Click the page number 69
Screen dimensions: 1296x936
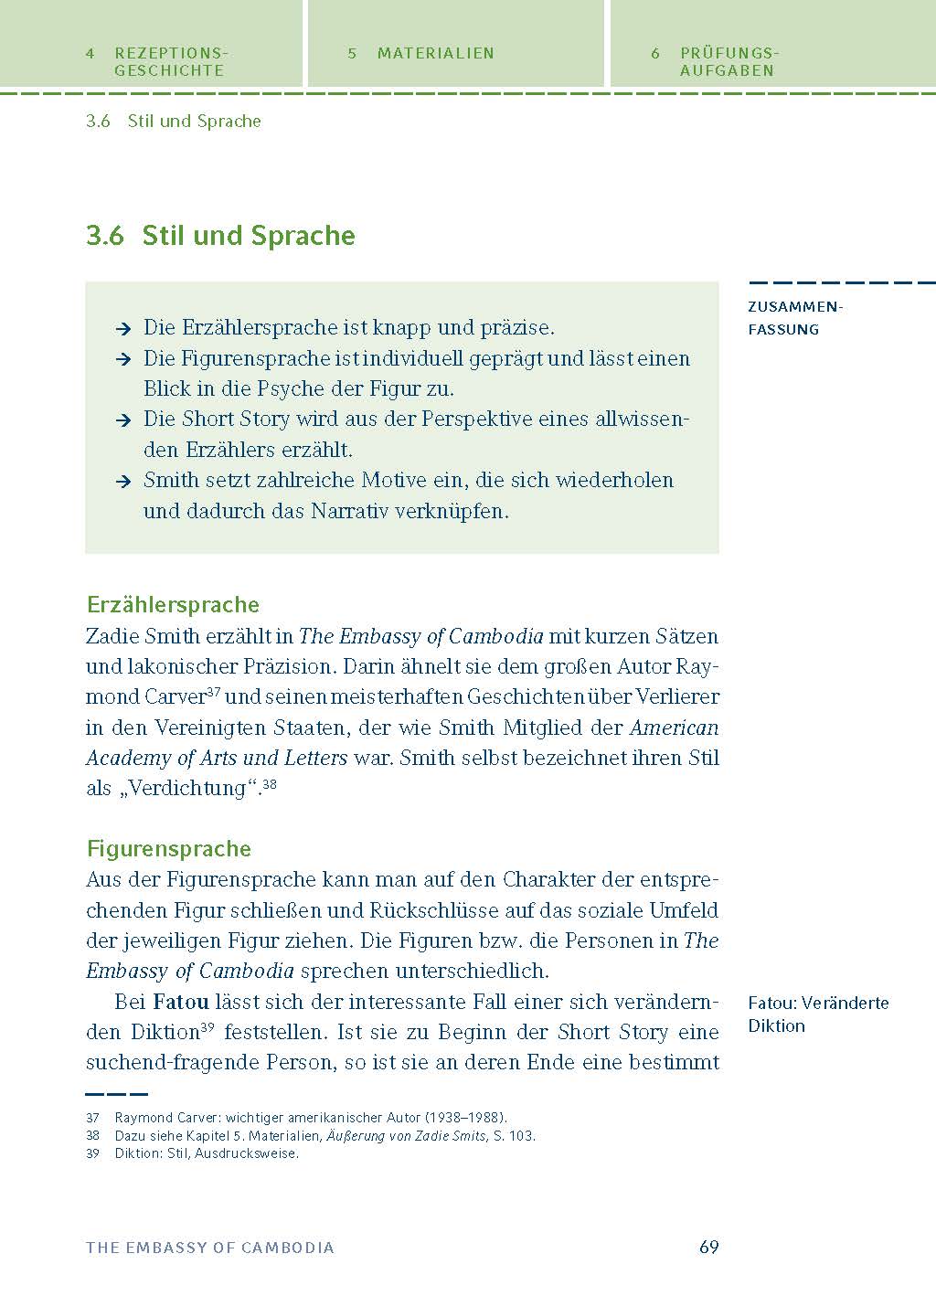708,1247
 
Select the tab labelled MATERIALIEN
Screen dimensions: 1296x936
435,53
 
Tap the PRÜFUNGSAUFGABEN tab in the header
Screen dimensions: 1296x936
728,61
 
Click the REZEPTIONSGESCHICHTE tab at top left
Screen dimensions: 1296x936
169,61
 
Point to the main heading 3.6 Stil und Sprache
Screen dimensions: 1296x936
220,236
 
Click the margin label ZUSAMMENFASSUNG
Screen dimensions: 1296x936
794,318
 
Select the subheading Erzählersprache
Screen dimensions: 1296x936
173,605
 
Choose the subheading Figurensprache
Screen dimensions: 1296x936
168,849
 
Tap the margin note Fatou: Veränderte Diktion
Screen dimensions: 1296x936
817,1014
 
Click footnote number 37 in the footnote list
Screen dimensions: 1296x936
92,1118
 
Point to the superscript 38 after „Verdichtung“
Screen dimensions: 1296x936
270,783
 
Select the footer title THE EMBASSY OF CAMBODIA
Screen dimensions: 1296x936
210,1248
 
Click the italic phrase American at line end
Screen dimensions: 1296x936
674,728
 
